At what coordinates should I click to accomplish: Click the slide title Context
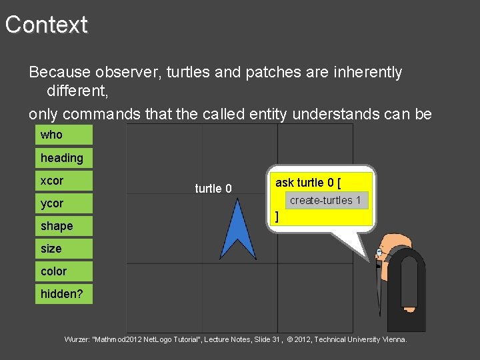click(47, 25)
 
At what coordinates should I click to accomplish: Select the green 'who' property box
click(64, 135)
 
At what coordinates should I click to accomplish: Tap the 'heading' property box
click(64, 158)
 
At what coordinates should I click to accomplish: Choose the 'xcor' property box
click(64, 181)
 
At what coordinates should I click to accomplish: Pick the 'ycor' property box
click(64, 203)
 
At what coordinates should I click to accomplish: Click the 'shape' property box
click(64, 226)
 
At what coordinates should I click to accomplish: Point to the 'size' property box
click(64, 249)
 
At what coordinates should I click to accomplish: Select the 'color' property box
click(64, 271)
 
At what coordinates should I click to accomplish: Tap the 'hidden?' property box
click(64, 294)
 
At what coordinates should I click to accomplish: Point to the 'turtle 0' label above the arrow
click(213, 189)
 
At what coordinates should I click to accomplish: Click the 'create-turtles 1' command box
click(325, 200)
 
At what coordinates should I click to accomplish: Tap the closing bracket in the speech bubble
click(277, 216)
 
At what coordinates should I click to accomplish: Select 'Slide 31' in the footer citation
click(265, 340)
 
